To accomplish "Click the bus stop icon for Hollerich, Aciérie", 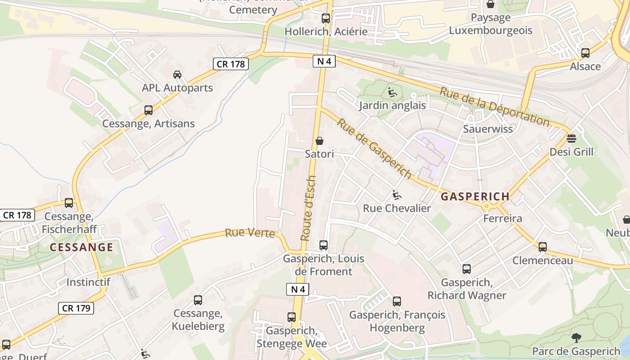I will tap(326, 18).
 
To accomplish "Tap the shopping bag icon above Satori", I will tap(319, 141).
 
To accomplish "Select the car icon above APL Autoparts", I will tap(177, 75).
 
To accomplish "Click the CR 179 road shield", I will tap(76, 308).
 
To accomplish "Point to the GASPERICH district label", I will tap(475, 197).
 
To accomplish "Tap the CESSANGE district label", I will tap(81, 247).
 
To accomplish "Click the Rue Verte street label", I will tap(250, 233).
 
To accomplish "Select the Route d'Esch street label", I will tap(308, 208).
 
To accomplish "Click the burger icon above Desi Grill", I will tap(571, 138).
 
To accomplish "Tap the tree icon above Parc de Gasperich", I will tap(576, 337).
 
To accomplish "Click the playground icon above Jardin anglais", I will tap(392, 92).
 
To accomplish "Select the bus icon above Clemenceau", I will tap(543, 247).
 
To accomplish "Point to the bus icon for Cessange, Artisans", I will tap(148, 110).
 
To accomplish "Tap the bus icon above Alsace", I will tap(585, 53).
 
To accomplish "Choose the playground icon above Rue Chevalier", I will tap(397, 195).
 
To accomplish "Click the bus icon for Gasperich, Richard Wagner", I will tap(467, 269).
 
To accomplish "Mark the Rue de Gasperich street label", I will tap(374, 148).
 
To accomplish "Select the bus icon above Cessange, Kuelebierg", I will tap(198, 300).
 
